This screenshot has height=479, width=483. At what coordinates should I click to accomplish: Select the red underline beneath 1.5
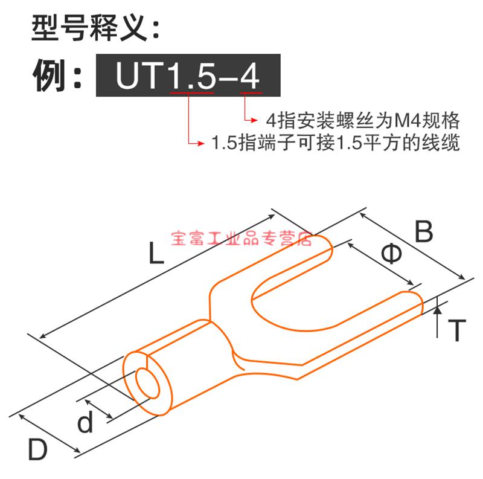192,93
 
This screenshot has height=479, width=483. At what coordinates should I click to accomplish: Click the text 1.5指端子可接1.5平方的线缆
337,144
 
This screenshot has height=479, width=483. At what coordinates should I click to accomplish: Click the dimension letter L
156,254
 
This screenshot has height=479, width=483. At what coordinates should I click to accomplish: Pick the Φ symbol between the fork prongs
391,256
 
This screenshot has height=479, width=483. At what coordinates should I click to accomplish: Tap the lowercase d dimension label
86,422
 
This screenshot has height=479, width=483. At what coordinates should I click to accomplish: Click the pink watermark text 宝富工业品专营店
241,239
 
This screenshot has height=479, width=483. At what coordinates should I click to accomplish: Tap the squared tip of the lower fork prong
417,305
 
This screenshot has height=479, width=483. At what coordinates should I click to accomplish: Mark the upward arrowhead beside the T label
438,310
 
